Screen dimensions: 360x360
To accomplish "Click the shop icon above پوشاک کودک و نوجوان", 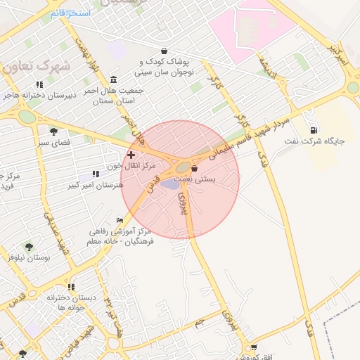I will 164,51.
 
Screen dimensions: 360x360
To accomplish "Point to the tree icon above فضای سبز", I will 53,131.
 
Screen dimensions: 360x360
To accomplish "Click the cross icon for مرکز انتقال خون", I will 131,154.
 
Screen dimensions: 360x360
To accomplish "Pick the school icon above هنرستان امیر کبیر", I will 96,174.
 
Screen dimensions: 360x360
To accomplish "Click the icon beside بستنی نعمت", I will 194,169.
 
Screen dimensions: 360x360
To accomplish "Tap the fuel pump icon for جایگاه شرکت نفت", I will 313,129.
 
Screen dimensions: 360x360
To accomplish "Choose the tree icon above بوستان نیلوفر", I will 29,247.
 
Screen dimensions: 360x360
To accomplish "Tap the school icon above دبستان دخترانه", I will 71,287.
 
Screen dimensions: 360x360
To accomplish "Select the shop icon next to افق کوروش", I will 254,347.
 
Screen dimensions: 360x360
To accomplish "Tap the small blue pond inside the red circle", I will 171,185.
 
